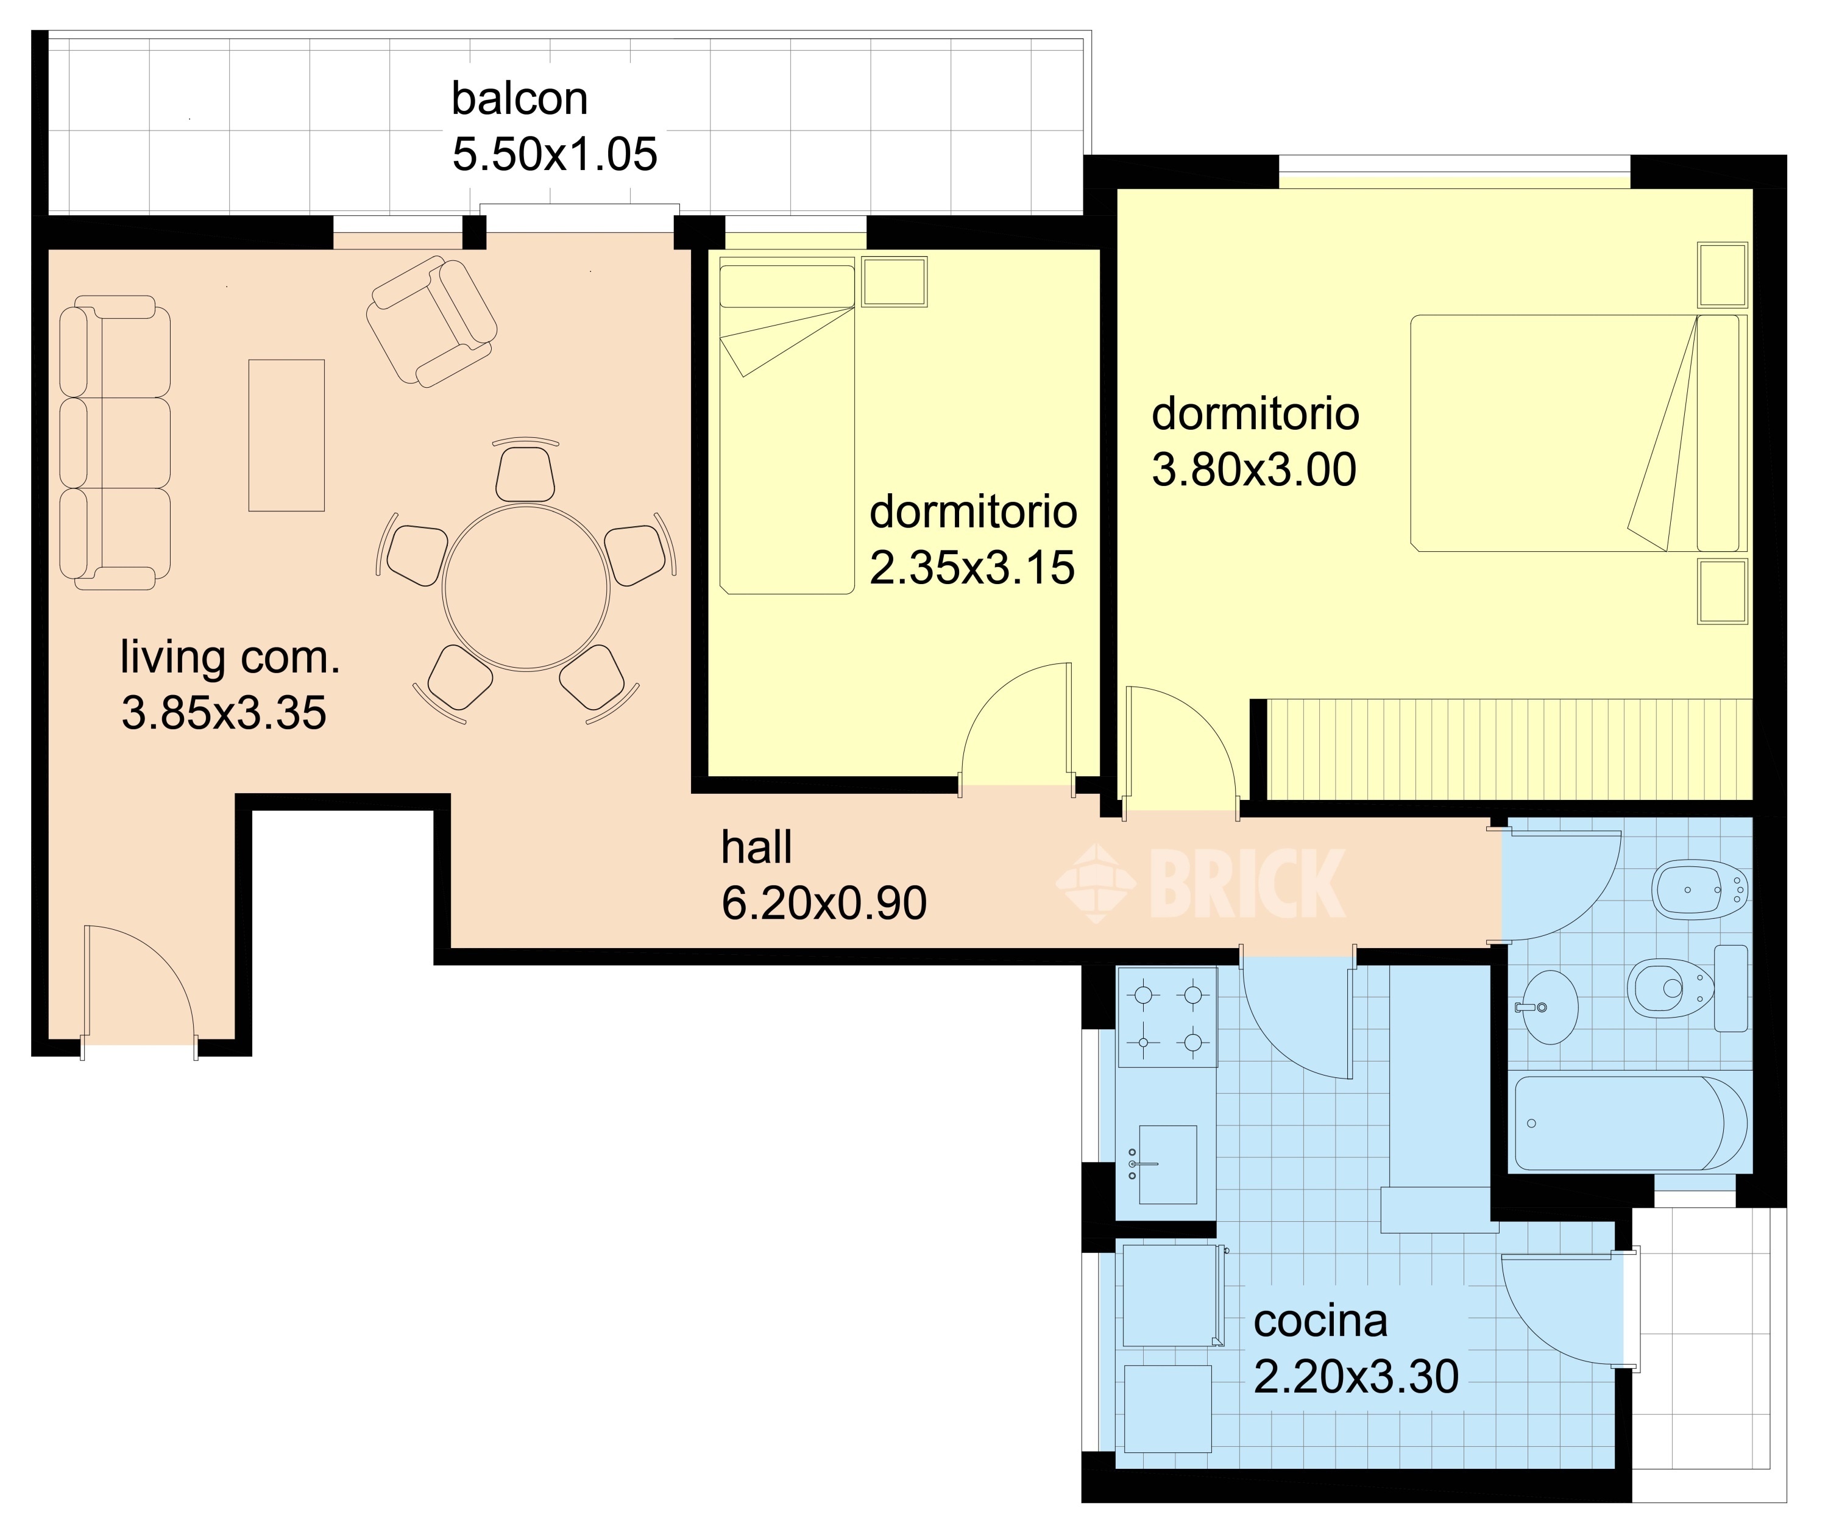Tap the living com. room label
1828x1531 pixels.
[230, 657]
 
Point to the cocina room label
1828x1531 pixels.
[1320, 1322]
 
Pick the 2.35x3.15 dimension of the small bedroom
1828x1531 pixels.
[972, 567]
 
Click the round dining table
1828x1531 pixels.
[526, 587]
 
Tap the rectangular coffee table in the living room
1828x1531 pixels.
[286, 435]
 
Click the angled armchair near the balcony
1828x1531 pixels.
[431, 321]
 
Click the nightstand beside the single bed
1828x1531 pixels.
[894, 281]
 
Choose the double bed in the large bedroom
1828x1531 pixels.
[1578, 433]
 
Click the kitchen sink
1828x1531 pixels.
[1166, 1165]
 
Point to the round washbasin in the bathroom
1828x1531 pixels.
[1550, 1008]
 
